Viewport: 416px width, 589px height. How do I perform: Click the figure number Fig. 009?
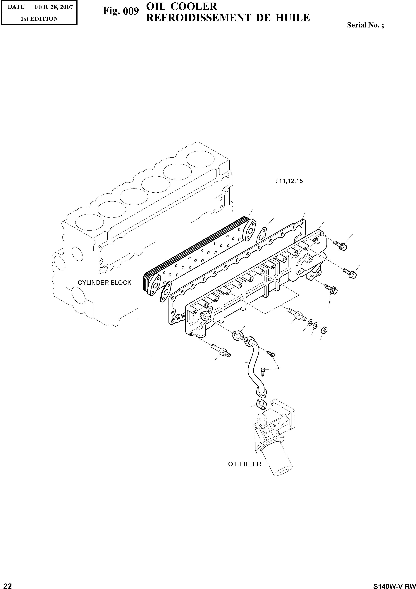(x=121, y=11)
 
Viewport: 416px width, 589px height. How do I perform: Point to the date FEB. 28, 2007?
(x=54, y=7)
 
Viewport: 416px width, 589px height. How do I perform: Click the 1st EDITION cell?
(x=39, y=19)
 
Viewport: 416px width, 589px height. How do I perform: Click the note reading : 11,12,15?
(x=289, y=181)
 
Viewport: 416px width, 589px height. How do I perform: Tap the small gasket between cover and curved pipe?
(x=238, y=336)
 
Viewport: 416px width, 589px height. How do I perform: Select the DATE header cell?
(x=16, y=7)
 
